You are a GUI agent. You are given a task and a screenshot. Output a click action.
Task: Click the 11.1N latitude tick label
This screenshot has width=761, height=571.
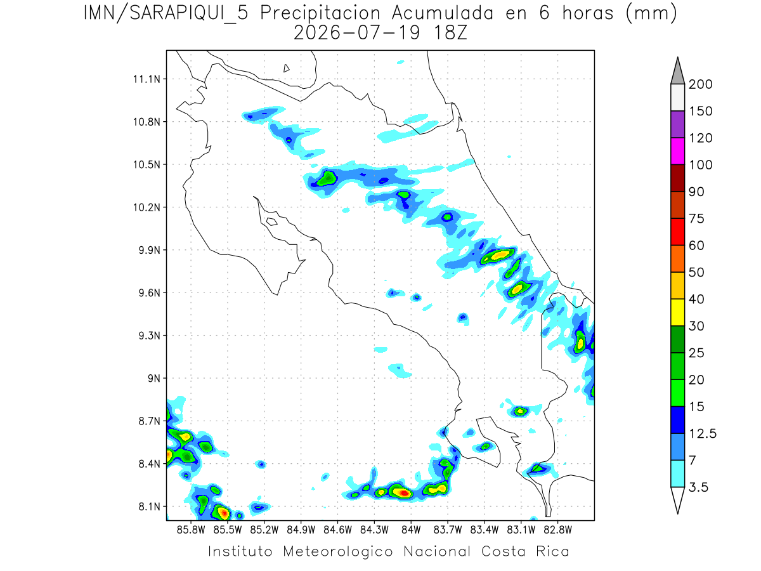[146, 79]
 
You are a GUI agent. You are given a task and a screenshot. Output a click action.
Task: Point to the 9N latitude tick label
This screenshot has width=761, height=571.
[154, 378]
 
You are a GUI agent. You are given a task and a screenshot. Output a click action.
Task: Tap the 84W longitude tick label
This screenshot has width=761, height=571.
[411, 530]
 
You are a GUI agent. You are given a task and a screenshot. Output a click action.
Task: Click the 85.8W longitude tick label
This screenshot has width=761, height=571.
[191, 530]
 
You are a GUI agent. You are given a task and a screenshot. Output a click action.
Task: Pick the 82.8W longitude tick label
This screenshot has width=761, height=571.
[557, 530]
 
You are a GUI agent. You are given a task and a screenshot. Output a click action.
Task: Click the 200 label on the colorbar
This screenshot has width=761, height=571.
[700, 84]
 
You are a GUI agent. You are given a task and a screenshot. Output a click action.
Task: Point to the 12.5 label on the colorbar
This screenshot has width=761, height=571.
[703, 434]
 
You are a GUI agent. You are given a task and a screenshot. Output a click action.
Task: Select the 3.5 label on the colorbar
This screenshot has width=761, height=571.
[698, 487]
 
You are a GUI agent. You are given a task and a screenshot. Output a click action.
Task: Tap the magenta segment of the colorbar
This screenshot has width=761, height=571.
[677, 151]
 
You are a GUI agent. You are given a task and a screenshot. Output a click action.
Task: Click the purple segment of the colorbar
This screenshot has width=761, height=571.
[677, 124]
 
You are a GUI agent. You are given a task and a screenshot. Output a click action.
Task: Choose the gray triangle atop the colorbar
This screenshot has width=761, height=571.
[677, 71]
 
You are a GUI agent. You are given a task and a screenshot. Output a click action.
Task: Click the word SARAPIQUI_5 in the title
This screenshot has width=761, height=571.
[189, 14]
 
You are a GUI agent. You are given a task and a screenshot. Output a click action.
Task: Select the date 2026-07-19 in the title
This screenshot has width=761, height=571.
[357, 33]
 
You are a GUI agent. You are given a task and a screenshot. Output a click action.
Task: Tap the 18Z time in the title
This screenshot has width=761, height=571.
[450, 33]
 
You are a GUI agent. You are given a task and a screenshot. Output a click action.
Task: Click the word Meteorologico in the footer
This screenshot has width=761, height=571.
[338, 552]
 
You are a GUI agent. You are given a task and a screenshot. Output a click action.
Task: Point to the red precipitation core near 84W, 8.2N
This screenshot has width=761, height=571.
[405, 493]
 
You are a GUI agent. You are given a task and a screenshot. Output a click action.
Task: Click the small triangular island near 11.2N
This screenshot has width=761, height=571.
[286, 69]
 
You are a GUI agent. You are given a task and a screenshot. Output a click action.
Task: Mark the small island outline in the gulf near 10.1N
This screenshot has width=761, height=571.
[272, 221]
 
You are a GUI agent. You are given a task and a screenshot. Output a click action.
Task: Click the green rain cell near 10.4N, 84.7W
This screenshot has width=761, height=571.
[327, 178]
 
